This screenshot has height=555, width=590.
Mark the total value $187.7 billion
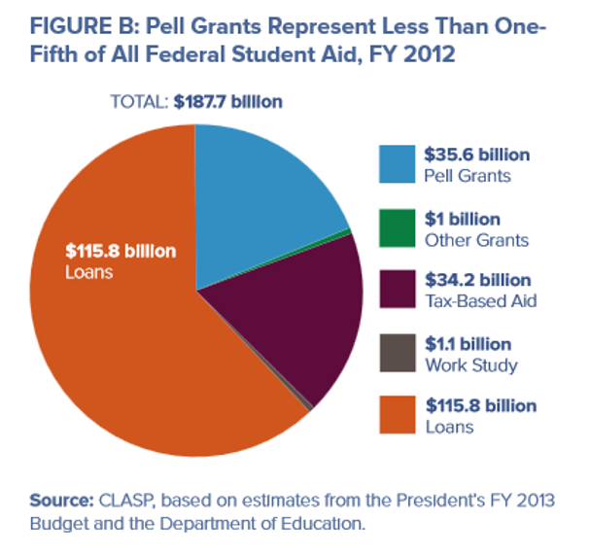229,102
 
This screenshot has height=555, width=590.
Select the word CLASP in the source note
124,501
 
